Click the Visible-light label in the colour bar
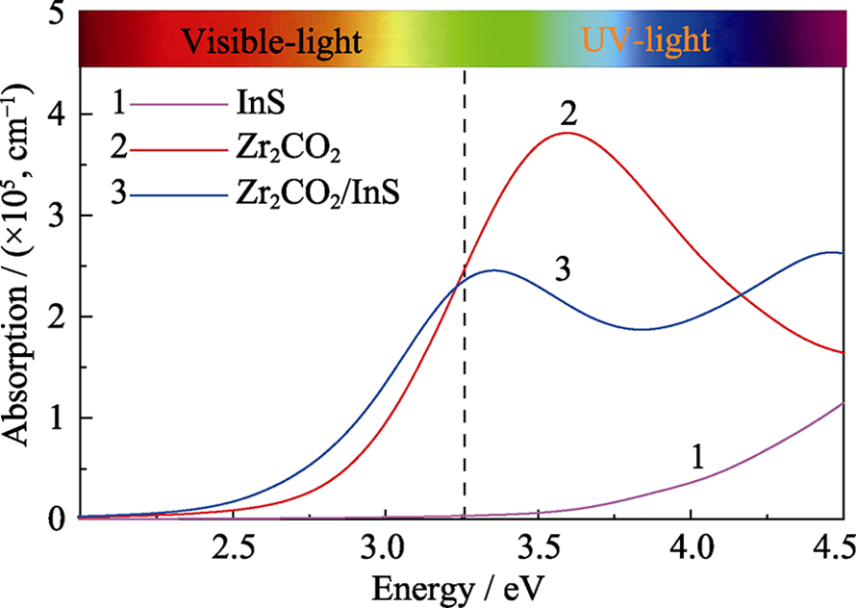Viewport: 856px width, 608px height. [x=272, y=41]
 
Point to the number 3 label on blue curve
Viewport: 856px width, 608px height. [x=564, y=270]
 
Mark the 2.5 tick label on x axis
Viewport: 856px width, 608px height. [x=233, y=550]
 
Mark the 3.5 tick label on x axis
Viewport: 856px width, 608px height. [x=537, y=550]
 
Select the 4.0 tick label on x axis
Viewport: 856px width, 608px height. [x=691, y=550]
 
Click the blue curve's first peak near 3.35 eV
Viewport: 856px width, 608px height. [x=493, y=270]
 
